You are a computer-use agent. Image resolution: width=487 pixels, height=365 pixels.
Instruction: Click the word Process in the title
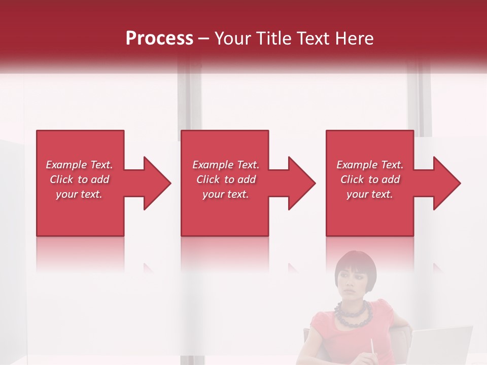(x=159, y=39)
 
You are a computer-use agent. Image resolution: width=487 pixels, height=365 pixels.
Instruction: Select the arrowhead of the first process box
(x=154, y=183)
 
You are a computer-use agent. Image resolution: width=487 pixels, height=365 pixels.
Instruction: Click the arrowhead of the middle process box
(x=299, y=183)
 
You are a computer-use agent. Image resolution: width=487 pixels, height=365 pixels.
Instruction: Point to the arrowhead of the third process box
(x=444, y=183)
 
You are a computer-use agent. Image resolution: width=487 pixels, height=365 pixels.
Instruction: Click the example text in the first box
(x=79, y=179)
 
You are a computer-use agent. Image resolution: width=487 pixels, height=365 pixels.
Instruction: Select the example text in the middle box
(x=225, y=179)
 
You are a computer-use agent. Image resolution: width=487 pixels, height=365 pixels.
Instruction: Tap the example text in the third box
(x=370, y=179)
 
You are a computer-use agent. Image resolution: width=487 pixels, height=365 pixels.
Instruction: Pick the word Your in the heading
(x=232, y=39)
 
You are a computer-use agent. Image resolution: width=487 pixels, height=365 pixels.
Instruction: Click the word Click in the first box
(x=62, y=179)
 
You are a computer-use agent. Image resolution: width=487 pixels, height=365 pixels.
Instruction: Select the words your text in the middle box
(x=225, y=194)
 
